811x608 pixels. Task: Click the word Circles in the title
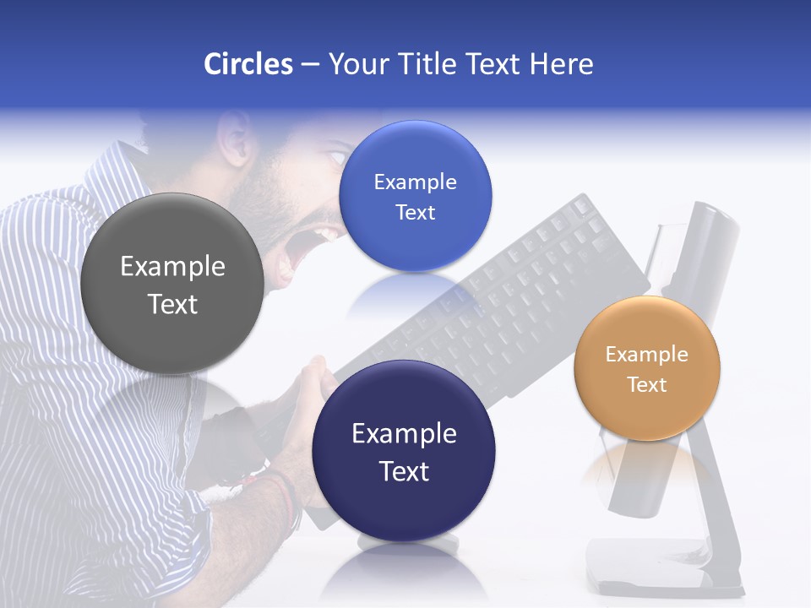click(248, 64)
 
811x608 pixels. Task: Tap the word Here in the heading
click(562, 64)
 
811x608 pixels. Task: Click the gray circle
click(171, 284)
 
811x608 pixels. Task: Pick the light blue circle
click(415, 196)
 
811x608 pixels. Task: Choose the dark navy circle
click(403, 450)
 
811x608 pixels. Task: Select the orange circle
click(646, 368)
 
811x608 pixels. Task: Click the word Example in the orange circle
click(646, 355)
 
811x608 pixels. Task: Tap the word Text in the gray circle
click(172, 304)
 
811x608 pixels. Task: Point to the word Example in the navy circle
click(404, 434)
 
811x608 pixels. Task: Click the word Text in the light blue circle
click(415, 212)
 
